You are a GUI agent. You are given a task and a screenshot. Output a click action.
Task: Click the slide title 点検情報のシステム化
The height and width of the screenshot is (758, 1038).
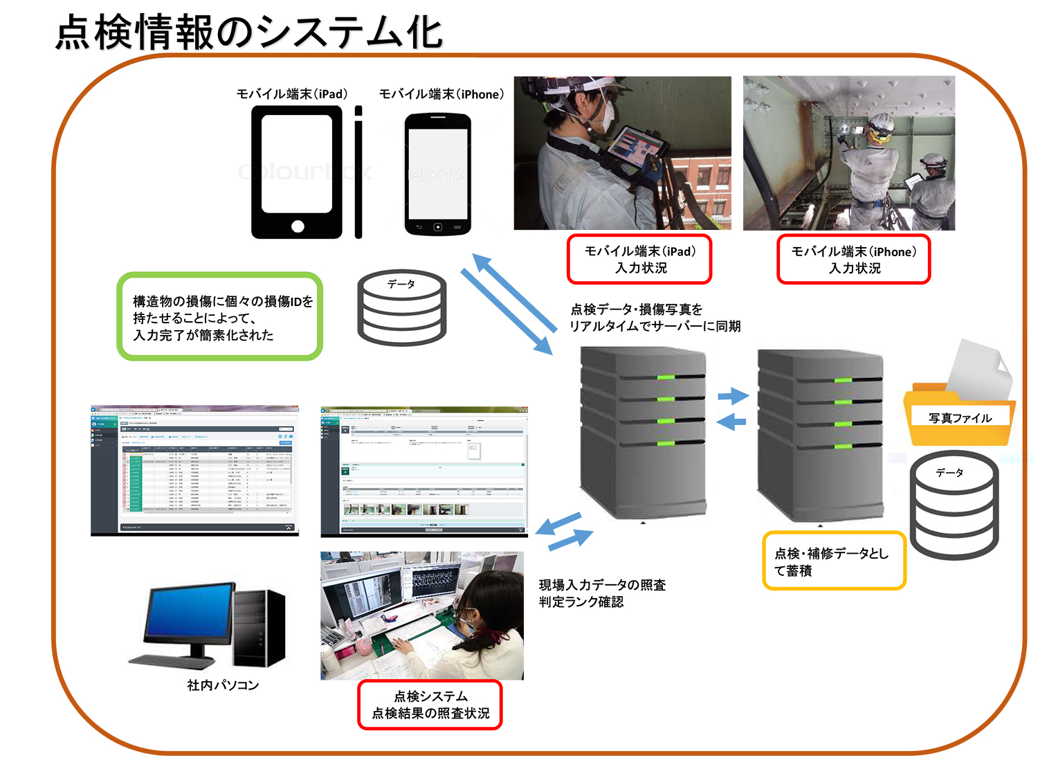click(x=249, y=33)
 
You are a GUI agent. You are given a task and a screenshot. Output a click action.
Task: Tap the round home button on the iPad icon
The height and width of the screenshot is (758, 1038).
click(x=298, y=226)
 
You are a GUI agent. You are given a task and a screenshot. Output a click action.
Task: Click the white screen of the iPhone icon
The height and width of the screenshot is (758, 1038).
click(x=437, y=173)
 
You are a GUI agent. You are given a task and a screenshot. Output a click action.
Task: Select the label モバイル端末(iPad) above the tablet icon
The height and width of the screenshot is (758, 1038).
click(x=292, y=94)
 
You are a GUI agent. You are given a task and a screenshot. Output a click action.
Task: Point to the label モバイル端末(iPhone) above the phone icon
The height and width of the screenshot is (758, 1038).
click(x=441, y=94)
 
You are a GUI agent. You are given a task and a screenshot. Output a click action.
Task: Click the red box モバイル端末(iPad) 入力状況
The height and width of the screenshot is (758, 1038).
click(x=639, y=260)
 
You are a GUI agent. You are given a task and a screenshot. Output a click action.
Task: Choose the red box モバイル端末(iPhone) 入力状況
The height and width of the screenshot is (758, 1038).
click(x=853, y=260)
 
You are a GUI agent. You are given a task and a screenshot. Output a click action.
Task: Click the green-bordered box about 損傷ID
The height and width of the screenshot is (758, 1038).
click(x=220, y=317)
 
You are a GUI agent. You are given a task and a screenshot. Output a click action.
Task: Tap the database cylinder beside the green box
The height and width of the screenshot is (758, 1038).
click(x=401, y=309)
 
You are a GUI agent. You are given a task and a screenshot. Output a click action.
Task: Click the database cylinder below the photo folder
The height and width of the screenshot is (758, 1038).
click(x=954, y=505)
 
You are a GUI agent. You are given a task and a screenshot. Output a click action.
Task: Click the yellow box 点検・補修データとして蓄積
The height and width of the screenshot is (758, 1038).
click(x=833, y=561)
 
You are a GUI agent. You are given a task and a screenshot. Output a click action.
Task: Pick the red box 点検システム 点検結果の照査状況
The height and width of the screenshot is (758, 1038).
click(x=430, y=705)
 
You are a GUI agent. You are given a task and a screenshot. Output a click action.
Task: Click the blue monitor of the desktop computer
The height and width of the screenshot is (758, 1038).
click(x=190, y=615)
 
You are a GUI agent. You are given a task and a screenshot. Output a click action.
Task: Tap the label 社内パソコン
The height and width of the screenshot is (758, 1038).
click(x=223, y=685)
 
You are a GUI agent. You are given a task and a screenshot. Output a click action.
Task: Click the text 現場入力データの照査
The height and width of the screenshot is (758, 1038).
click(x=602, y=586)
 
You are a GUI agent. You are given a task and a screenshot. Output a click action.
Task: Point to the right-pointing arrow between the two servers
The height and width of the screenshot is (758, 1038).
click(x=734, y=396)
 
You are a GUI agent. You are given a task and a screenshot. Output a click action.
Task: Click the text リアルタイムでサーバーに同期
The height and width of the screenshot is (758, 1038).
click(x=655, y=326)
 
